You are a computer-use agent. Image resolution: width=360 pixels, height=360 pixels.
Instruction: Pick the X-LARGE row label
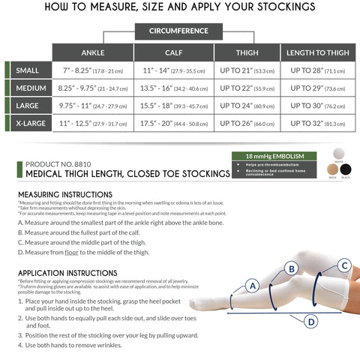pyautogui.click(x=30, y=123)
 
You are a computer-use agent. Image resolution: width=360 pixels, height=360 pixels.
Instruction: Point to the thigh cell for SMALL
pyautogui.click(x=246, y=71)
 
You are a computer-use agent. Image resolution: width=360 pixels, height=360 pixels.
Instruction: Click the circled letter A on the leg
pyautogui.click(x=253, y=285)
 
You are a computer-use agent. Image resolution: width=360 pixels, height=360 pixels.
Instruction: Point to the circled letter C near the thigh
pyautogui.click(x=344, y=265)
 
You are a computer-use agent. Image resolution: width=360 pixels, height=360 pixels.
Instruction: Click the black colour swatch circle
pyautogui.click(x=346, y=170)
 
